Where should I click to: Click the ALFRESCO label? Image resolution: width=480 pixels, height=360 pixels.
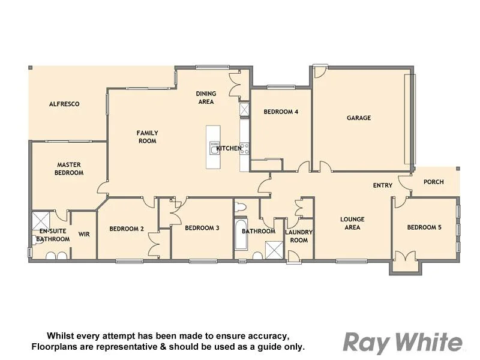[64, 104]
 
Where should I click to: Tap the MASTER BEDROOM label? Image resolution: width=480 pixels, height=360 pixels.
[69, 169]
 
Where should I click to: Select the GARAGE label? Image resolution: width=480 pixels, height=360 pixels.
[359, 118]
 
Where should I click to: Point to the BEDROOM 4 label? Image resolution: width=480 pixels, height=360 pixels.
[281, 112]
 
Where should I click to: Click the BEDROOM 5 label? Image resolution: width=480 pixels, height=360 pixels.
[424, 227]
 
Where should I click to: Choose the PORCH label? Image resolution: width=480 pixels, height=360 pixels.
[434, 182]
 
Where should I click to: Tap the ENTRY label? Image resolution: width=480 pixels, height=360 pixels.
[383, 185]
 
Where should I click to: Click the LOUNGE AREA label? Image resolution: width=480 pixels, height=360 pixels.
[352, 223]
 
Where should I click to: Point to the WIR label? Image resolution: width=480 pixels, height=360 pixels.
[84, 234]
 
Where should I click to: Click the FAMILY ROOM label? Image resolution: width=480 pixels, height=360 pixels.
[147, 137]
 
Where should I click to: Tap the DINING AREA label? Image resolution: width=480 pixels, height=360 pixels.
[206, 98]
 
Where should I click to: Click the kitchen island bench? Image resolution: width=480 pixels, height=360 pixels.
[213, 147]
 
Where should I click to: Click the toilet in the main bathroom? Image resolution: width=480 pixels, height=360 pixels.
[241, 208]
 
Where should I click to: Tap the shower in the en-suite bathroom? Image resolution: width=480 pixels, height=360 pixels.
[40, 219]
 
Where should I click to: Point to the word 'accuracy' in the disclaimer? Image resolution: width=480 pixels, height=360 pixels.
[265, 335]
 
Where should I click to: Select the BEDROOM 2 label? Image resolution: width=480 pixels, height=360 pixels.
[127, 228]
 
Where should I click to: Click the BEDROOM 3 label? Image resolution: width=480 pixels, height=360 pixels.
[202, 227]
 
